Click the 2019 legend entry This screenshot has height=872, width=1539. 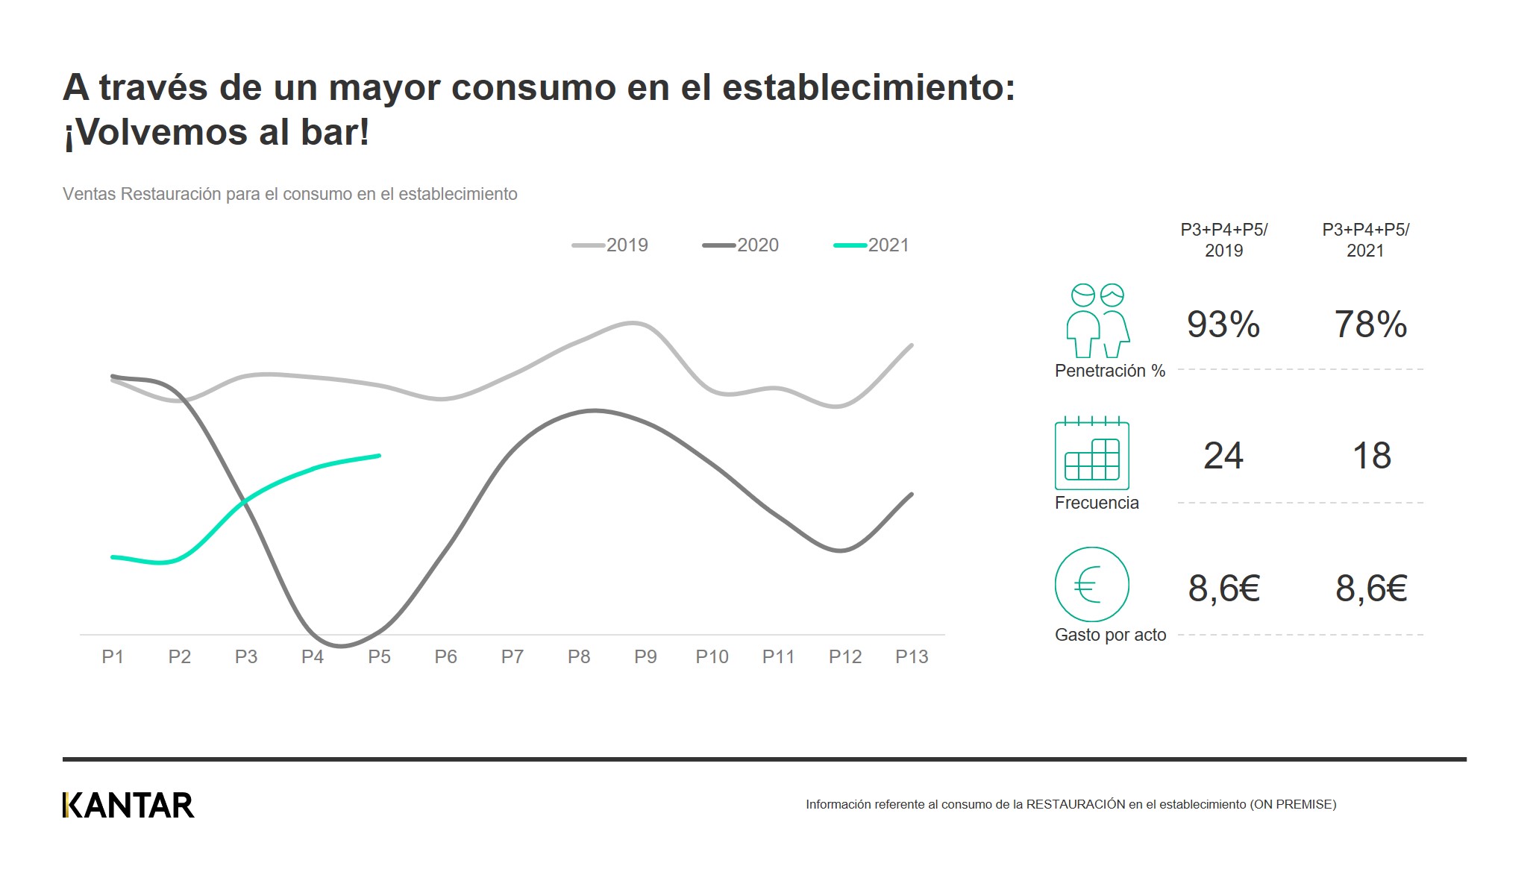tap(611, 245)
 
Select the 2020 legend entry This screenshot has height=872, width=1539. tap(742, 245)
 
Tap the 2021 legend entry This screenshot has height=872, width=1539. tap(872, 245)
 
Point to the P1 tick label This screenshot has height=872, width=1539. tap(113, 657)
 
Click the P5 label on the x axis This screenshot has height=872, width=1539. tap(379, 657)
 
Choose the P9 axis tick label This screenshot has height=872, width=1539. tap(645, 657)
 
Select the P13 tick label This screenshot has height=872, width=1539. tap(912, 657)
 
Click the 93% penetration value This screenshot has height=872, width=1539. tap(1223, 324)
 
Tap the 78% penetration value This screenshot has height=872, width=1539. tap(1370, 324)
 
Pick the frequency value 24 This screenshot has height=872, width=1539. tap(1223, 456)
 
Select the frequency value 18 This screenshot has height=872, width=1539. tap(1371, 456)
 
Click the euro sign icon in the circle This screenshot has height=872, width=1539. tap(1091, 585)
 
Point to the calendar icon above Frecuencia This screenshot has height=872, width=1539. tap(1091, 454)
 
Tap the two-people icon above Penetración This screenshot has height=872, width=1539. tap(1097, 321)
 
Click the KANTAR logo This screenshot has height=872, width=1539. tap(128, 806)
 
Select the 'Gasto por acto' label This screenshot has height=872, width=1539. tap(1110, 636)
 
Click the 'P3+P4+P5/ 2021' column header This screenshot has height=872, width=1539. tap(1365, 240)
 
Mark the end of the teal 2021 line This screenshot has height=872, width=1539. tap(379, 456)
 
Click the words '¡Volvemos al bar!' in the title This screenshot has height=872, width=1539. tap(216, 133)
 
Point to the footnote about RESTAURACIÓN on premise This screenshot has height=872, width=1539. tap(1071, 805)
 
